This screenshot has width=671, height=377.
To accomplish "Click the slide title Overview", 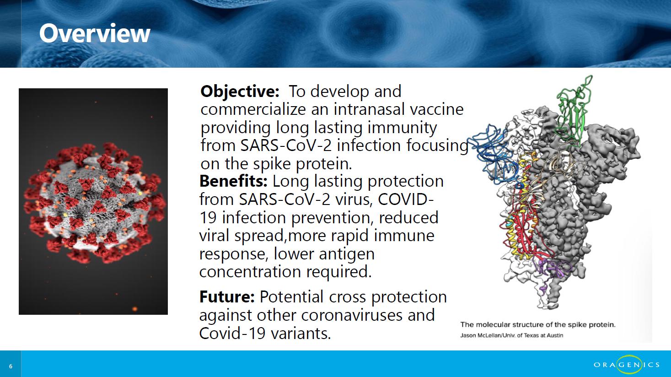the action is pyautogui.click(x=95, y=33).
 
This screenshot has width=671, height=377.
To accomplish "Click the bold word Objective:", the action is pyautogui.click(x=240, y=92).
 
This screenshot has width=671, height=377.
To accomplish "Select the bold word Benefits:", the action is pyautogui.click(x=233, y=181).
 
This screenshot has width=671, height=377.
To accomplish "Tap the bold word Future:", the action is pyautogui.click(x=227, y=296).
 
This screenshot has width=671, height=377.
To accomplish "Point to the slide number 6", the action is pyautogui.click(x=11, y=366).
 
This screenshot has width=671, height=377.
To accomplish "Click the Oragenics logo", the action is pyautogui.click(x=627, y=364).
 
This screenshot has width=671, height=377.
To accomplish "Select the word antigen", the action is pyautogui.click(x=347, y=254).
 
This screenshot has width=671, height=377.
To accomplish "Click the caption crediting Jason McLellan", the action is pyautogui.click(x=512, y=335).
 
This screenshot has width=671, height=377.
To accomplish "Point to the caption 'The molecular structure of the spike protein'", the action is pyautogui.click(x=538, y=324).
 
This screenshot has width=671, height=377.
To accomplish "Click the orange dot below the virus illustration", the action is pyautogui.click(x=134, y=309).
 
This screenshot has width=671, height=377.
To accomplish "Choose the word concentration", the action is pyautogui.click(x=250, y=272).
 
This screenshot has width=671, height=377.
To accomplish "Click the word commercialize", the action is pyautogui.click(x=253, y=109).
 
